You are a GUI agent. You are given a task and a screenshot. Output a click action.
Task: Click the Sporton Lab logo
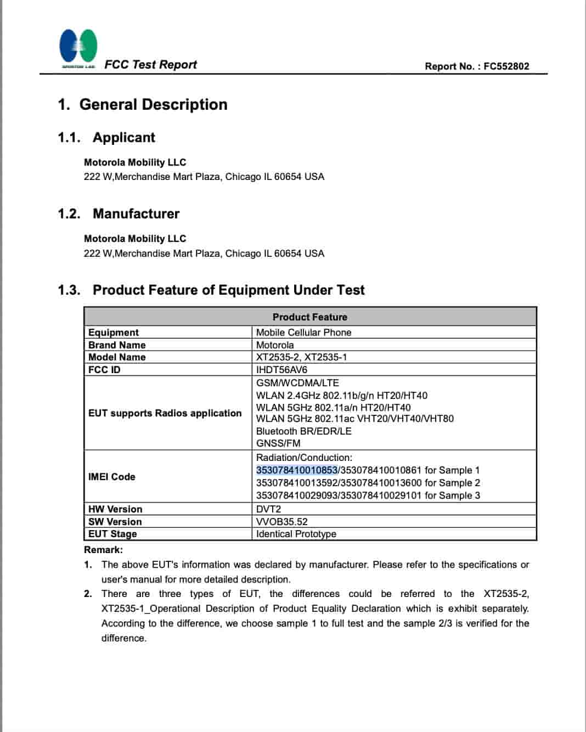point(78,48)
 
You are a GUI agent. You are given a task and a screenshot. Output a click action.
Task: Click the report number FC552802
point(506,66)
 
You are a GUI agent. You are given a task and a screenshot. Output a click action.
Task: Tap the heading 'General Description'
point(153,105)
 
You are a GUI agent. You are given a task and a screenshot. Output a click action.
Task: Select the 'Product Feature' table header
point(309,317)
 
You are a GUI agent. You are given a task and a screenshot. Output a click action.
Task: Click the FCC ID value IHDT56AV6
point(281,370)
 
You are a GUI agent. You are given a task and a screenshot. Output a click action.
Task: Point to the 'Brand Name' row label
point(117,345)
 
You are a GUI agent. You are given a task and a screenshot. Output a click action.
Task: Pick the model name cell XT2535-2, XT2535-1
point(301,357)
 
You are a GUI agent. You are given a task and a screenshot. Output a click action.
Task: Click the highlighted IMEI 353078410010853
point(296,470)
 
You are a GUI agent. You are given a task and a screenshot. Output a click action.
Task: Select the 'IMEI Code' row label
point(111,477)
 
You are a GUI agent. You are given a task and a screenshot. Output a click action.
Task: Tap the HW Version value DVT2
point(268,509)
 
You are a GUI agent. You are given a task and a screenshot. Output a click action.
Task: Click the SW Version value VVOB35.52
point(281,522)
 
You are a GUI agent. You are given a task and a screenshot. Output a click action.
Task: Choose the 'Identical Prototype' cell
point(296,534)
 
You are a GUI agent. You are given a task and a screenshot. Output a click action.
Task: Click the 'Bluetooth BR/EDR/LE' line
point(303,431)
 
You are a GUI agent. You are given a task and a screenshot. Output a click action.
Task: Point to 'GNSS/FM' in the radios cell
point(278,443)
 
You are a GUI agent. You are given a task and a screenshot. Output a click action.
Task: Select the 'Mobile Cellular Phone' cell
point(303,333)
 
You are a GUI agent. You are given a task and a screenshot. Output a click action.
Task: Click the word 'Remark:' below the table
point(103,550)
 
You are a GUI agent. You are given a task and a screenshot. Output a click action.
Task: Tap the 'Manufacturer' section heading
point(136,214)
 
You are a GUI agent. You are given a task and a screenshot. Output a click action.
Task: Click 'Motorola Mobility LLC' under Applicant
point(135,162)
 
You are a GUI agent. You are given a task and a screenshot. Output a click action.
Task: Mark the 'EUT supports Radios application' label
point(165,413)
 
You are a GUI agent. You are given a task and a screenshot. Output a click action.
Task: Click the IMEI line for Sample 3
point(368,495)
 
